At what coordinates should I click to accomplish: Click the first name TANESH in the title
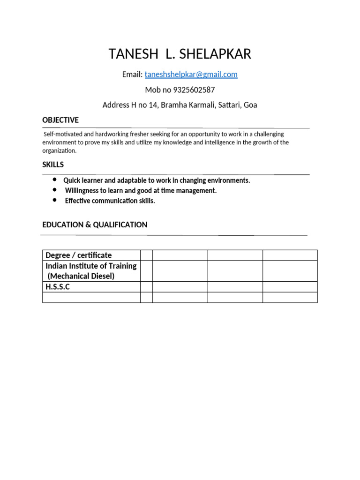pyautogui.click(x=134, y=54)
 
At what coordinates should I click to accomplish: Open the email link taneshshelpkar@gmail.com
pyautogui.click(x=191, y=75)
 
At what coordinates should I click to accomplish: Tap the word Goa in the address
pyautogui.click(x=250, y=105)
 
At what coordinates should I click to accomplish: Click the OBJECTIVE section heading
pyautogui.click(x=60, y=120)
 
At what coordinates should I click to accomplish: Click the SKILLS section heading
pyautogui.click(x=53, y=165)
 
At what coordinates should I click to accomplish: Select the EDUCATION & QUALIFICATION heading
pyautogui.click(x=95, y=225)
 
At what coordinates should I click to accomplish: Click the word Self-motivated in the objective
pyautogui.click(x=62, y=134)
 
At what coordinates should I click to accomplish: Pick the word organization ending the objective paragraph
pyautogui.click(x=59, y=150)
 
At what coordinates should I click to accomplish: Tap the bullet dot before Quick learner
pyautogui.click(x=55, y=180)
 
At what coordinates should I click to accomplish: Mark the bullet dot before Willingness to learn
pyautogui.click(x=55, y=190)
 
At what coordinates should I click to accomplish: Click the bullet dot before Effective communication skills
pyautogui.click(x=55, y=200)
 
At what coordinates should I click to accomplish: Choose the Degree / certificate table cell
pyautogui.click(x=78, y=255)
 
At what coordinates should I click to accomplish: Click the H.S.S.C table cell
pyautogui.click(x=57, y=287)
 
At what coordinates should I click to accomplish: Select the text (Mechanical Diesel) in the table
pyautogui.click(x=81, y=276)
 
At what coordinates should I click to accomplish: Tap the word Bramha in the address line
pyautogui.click(x=173, y=105)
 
